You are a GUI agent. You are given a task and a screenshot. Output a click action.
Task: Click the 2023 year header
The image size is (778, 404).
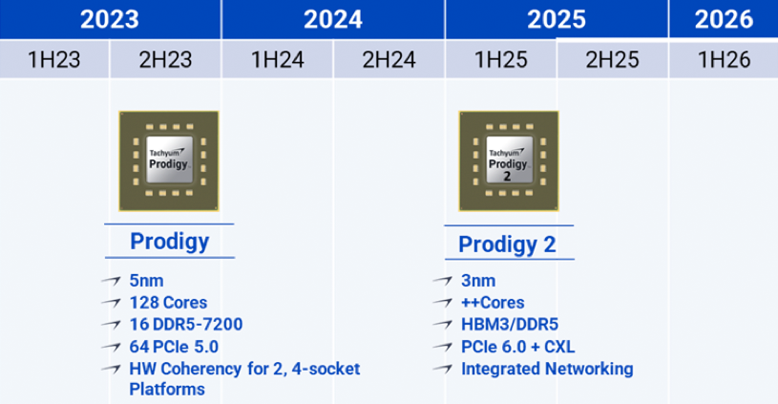point(110,19)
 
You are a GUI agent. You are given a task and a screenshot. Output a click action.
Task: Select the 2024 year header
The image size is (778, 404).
point(332,19)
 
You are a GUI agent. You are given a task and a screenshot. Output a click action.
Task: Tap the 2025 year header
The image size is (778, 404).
point(556,19)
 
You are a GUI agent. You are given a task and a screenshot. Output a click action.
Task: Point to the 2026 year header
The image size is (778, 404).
point(723,19)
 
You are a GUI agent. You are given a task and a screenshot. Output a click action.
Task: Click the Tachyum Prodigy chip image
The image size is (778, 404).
point(167,160)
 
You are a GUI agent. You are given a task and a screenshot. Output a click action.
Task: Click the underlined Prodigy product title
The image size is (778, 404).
point(169,242)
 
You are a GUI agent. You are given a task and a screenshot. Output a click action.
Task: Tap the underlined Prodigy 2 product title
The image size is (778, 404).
point(507,245)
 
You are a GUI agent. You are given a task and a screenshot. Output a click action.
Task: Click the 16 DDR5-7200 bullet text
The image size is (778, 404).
point(185,325)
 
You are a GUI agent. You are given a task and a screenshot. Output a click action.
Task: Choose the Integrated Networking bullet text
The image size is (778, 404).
point(546,369)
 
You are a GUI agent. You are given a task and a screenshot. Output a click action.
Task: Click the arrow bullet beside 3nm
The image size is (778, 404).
point(442,282)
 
